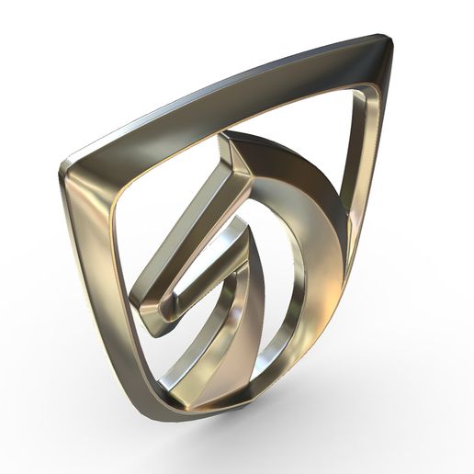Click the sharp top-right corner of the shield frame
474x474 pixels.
(x=386, y=41)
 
